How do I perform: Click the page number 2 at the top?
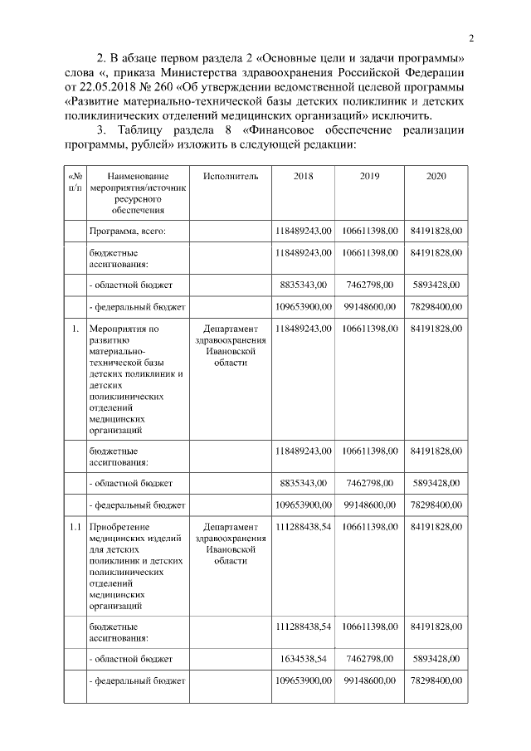click(470, 38)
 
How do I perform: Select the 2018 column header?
click(304, 176)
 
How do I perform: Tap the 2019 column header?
click(369, 176)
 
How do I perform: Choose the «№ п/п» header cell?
click(75, 182)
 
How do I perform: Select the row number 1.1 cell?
click(75, 527)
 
